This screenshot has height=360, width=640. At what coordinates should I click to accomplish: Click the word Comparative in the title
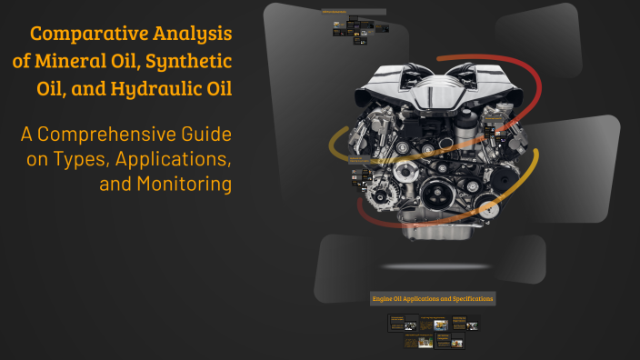[85, 35]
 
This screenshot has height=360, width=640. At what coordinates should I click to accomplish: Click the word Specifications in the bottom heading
[465, 298]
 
